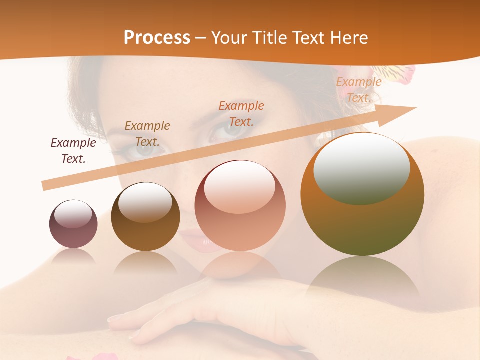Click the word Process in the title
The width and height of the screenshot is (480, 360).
(157, 38)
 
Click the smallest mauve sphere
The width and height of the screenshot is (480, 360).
(73, 224)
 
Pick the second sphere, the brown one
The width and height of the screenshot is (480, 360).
(145, 217)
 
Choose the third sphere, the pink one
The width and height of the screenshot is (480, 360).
(240, 206)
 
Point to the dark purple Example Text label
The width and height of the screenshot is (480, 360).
(73, 151)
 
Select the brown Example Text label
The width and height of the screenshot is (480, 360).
(147, 134)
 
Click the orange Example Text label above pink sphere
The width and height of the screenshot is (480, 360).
(241, 114)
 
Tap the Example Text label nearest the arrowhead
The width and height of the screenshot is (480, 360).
(358, 90)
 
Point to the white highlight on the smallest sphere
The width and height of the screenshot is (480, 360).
(73, 214)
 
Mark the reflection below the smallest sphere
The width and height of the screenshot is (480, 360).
(73, 256)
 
